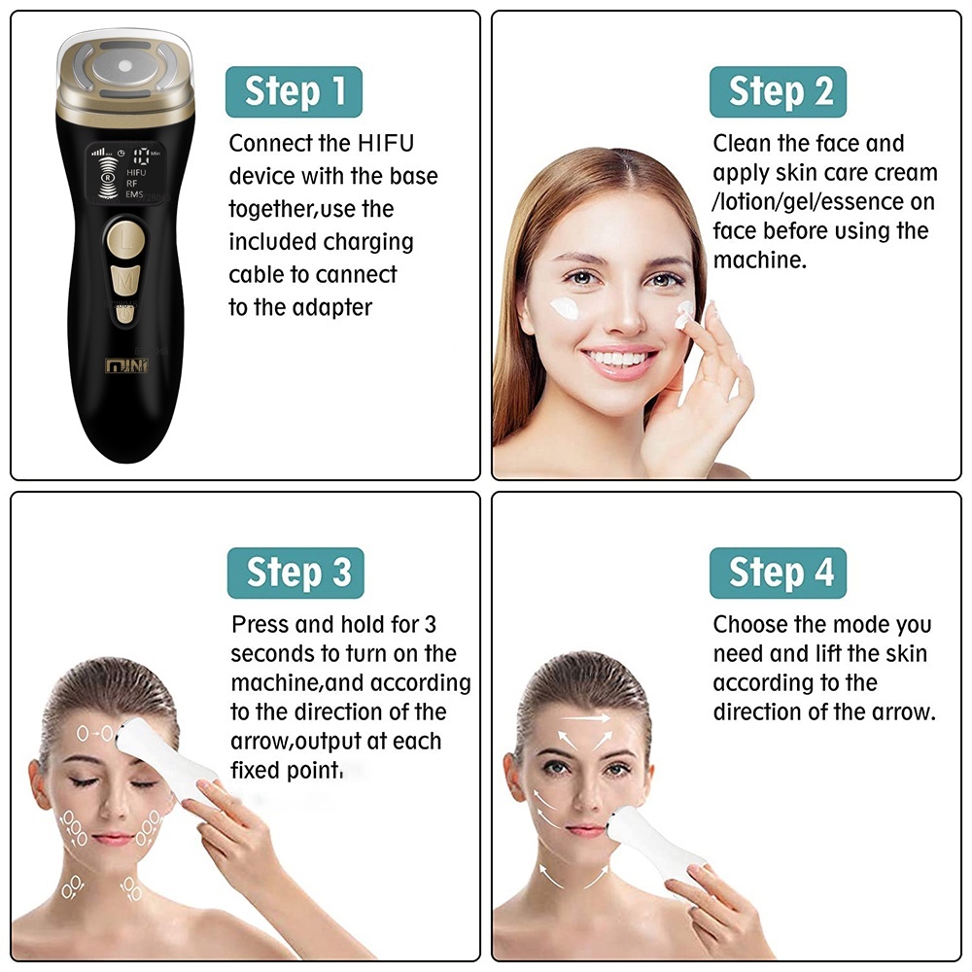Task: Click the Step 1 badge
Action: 294,91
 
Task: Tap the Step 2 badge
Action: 778,91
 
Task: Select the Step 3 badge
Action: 295,573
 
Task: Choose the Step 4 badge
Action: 778,573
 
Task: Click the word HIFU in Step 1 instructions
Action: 386,143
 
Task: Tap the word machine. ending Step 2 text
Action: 760,260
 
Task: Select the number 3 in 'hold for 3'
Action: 431,624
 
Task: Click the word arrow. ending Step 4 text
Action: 904,712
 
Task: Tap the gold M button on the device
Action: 125,280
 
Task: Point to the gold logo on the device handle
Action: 126,365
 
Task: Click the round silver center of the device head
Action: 125,66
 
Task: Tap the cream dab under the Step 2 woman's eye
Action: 564,308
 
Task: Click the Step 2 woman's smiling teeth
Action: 618,359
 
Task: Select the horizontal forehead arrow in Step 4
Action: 586,718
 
